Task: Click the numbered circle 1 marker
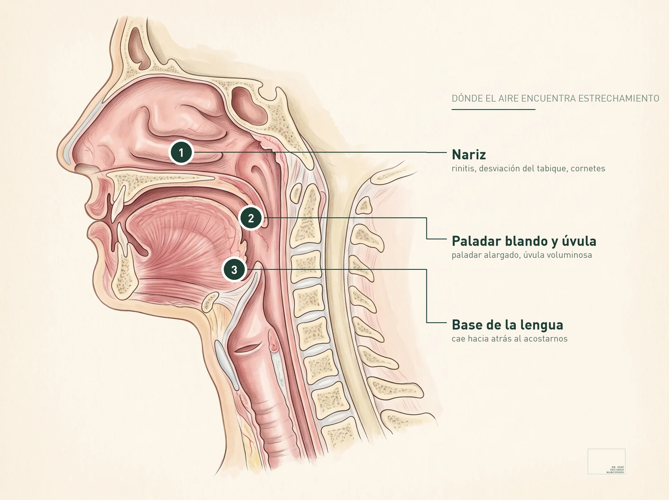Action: (181, 152)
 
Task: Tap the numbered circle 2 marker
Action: (251, 218)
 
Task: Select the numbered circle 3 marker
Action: (234, 270)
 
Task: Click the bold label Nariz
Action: (469, 154)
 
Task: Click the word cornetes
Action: (588, 169)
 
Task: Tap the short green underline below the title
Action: (493, 109)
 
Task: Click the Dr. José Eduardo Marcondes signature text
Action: (615, 470)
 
